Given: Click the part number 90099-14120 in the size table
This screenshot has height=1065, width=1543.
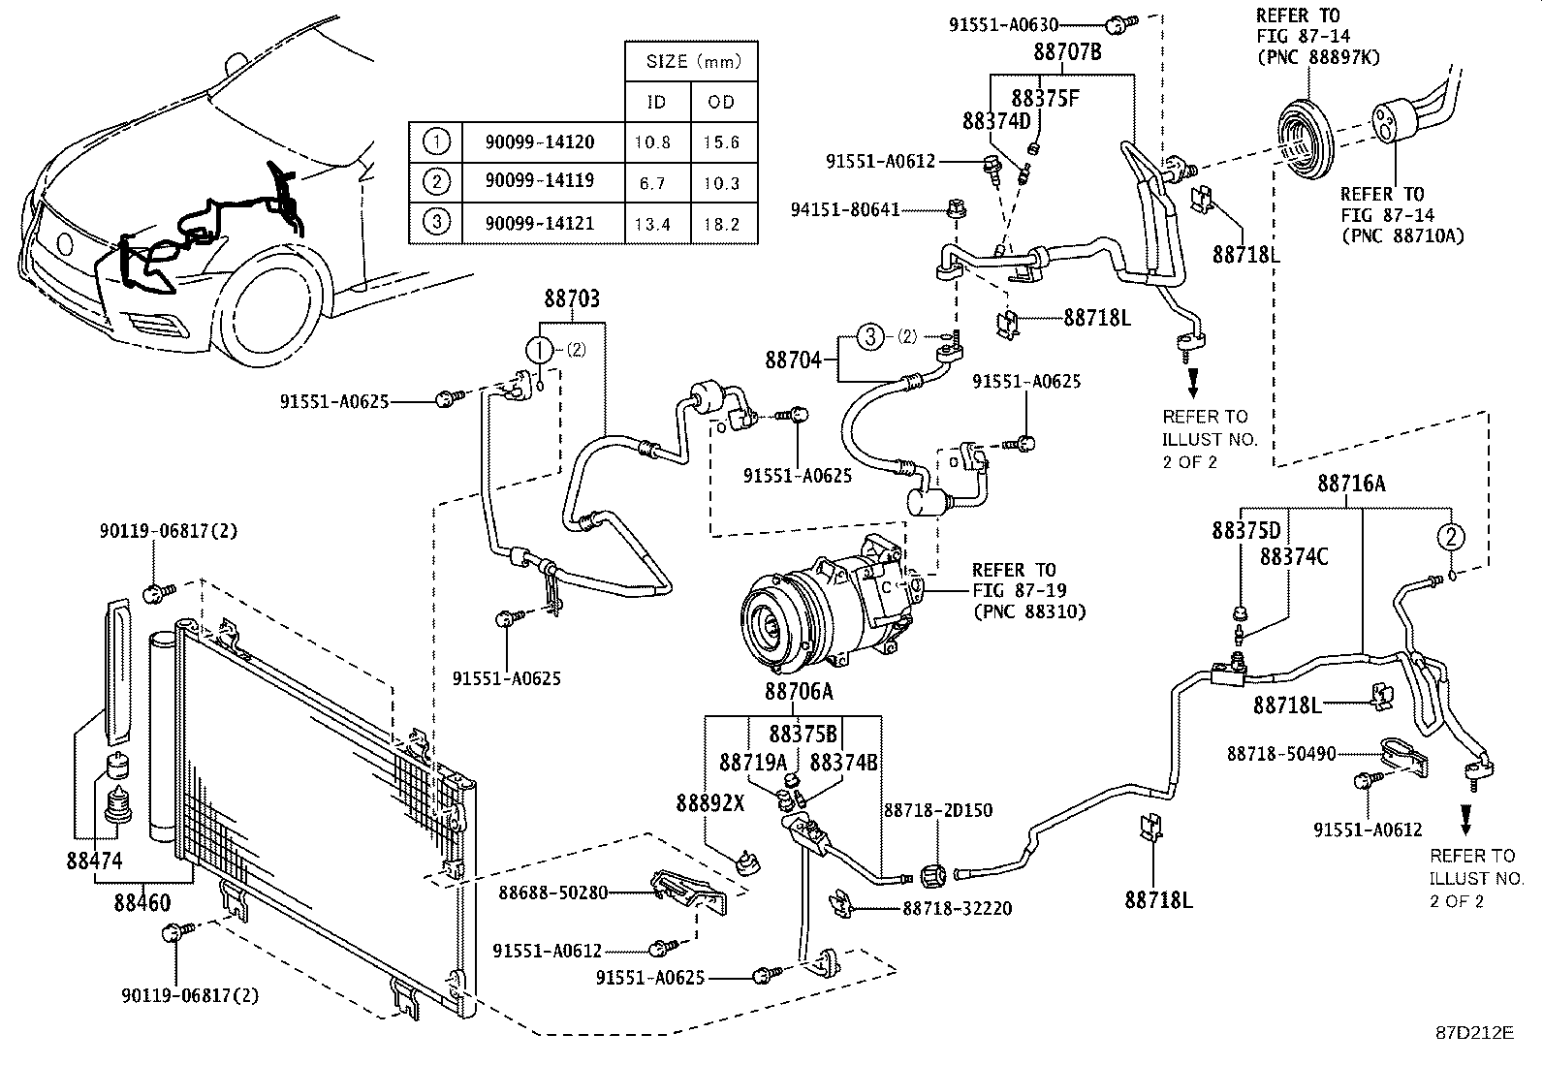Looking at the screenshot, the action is pyautogui.click(x=539, y=141).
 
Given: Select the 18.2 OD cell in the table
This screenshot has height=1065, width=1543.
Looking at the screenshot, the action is pyautogui.click(x=721, y=224).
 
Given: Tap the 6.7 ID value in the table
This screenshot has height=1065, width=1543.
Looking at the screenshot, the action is pyautogui.click(x=652, y=183).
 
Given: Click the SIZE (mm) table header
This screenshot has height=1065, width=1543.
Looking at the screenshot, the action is pyautogui.click(x=693, y=61).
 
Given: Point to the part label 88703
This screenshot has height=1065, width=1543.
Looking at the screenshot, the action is pyautogui.click(x=572, y=298).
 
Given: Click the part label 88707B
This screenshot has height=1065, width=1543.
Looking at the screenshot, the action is pyautogui.click(x=1067, y=51).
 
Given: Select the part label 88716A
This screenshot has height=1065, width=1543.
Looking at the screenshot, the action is pyautogui.click(x=1351, y=484).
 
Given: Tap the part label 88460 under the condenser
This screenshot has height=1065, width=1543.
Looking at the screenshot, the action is pyautogui.click(x=142, y=902).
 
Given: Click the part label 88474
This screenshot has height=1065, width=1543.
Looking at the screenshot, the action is pyautogui.click(x=94, y=861).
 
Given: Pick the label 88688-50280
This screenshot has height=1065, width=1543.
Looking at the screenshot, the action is pyautogui.click(x=553, y=893).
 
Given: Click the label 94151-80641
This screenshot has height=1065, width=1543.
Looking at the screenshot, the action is pyautogui.click(x=845, y=208).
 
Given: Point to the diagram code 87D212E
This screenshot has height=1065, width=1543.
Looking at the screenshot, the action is pyautogui.click(x=1474, y=1033).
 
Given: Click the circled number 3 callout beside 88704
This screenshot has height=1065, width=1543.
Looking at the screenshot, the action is pyautogui.click(x=870, y=337).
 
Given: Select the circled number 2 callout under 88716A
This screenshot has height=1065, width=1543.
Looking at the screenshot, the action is pyautogui.click(x=1451, y=537).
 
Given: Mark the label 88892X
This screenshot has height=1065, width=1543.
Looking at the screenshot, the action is pyautogui.click(x=709, y=803).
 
